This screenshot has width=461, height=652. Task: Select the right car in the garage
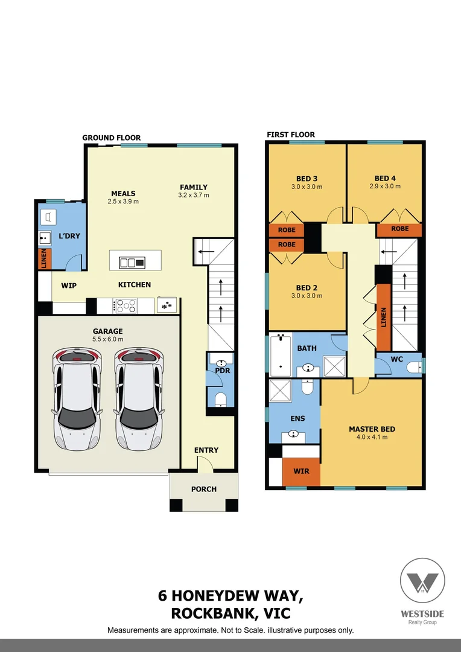[139, 398]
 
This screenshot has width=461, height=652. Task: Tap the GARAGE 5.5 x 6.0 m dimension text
[107, 339]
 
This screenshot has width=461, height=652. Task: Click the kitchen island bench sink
[132, 262]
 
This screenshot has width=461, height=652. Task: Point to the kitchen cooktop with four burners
[126, 307]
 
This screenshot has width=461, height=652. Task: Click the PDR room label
[223, 370]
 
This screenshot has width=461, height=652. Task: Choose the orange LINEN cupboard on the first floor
[383, 316]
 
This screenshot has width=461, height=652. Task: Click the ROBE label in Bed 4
[399, 229]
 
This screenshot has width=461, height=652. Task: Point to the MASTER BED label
[372, 429]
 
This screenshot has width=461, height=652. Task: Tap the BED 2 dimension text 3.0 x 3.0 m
[307, 296]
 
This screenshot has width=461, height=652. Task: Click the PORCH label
[203, 489]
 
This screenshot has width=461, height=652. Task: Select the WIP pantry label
[68, 285]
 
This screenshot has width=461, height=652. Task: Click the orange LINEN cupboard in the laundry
[43, 258]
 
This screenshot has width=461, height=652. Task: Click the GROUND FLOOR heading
[112, 138]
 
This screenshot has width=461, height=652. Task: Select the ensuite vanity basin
[294, 433]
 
